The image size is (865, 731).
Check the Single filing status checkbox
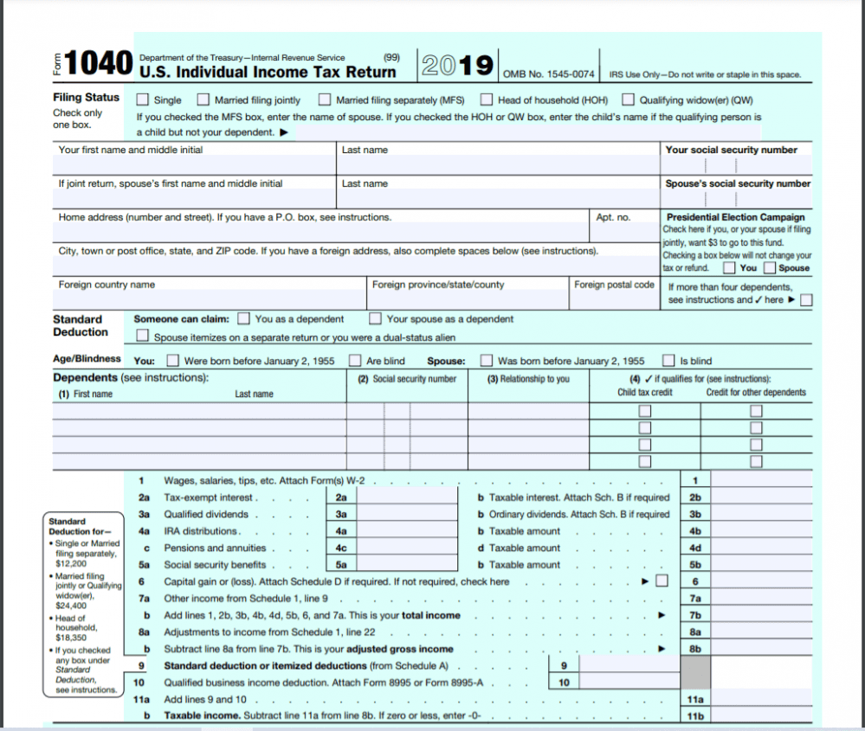pyautogui.click(x=143, y=99)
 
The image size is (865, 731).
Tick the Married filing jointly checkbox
pyautogui.click(x=203, y=99)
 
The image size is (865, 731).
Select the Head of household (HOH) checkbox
pyautogui.click(x=487, y=99)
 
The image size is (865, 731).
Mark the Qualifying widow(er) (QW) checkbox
pyautogui.click(x=629, y=99)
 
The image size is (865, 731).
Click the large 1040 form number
pyautogui.click(x=98, y=63)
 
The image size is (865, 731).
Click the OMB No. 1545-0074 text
pyautogui.click(x=548, y=74)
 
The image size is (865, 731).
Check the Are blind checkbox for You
pyautogui.click(x=355, y=361)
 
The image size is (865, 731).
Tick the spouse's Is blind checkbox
pyautogui.click(x=668, y=361)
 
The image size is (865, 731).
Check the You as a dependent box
pyautogui.click(x=244, y=319)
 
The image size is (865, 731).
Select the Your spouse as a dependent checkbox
pyautogui.click(x=376, y=319)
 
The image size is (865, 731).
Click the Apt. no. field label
pyautogui.click(x=613, y=217)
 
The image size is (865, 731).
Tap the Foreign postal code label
pyautogui.click(x=614, y=285)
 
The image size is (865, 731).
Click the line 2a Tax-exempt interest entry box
pyautogui.click(x=407, y=497)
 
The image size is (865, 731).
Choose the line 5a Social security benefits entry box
pyautogui.click(x=407, y=565)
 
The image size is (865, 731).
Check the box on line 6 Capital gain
pyautogui.click(x=662, y=581)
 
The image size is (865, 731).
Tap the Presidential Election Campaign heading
pyautogui.click(x=735, y=217)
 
